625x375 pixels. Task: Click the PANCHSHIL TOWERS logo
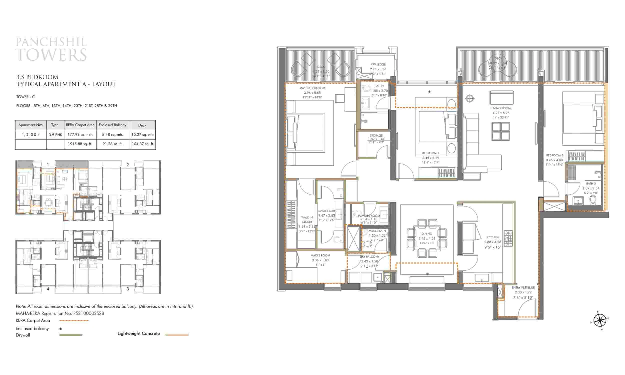51,49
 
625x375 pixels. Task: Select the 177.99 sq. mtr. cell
80,135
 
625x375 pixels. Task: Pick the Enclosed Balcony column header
112,125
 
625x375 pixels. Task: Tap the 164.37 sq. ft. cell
143,144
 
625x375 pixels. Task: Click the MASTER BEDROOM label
312,88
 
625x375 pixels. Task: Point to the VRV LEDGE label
378,65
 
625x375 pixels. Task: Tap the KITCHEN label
492,237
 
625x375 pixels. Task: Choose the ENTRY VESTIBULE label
523,287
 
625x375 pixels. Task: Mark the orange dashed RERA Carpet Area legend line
74,321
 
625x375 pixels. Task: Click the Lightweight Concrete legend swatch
177,334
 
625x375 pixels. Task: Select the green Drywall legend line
71,335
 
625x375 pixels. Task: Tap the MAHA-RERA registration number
88,313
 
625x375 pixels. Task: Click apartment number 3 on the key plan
127,289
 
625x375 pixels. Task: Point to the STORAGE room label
376,136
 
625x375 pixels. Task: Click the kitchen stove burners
508,238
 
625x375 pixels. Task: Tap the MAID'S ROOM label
320,255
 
